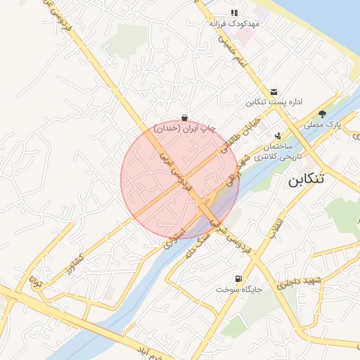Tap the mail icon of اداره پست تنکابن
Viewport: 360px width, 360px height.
273,91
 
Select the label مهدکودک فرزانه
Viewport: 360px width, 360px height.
235,23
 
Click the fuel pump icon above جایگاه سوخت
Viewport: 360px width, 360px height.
236,278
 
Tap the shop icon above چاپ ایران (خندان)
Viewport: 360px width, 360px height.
184,117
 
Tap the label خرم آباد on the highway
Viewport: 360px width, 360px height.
155,355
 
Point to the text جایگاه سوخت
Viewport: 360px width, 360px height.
233,290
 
